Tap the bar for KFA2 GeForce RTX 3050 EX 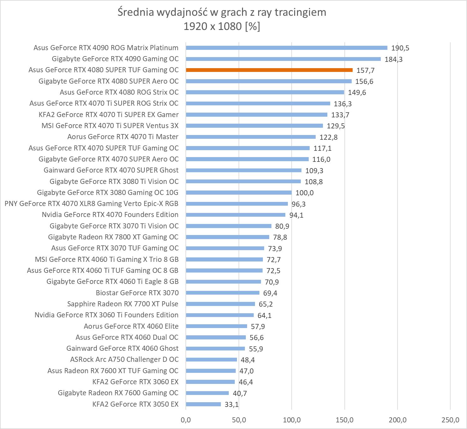click(x=203, y=404)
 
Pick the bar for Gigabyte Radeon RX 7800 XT click(x=227, y=237)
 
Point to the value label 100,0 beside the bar click(x=304, y=193)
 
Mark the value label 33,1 click(x=232, y=404)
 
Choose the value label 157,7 click(x=365, y=70)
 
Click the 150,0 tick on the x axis click(x=344, y=420)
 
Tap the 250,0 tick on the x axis click(x=450, y=420)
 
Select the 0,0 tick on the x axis click(x=186, y=420)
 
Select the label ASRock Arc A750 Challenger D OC click(x=124, y=360)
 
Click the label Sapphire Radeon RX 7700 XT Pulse click(x=123, y=304)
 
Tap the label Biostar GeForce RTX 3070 click(x=137, y=293)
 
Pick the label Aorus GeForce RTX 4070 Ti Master click(x=123, y=137)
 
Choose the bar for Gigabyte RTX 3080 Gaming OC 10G click(x=239, y=193)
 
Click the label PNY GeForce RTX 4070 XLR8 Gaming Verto click(x=91, y=204)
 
